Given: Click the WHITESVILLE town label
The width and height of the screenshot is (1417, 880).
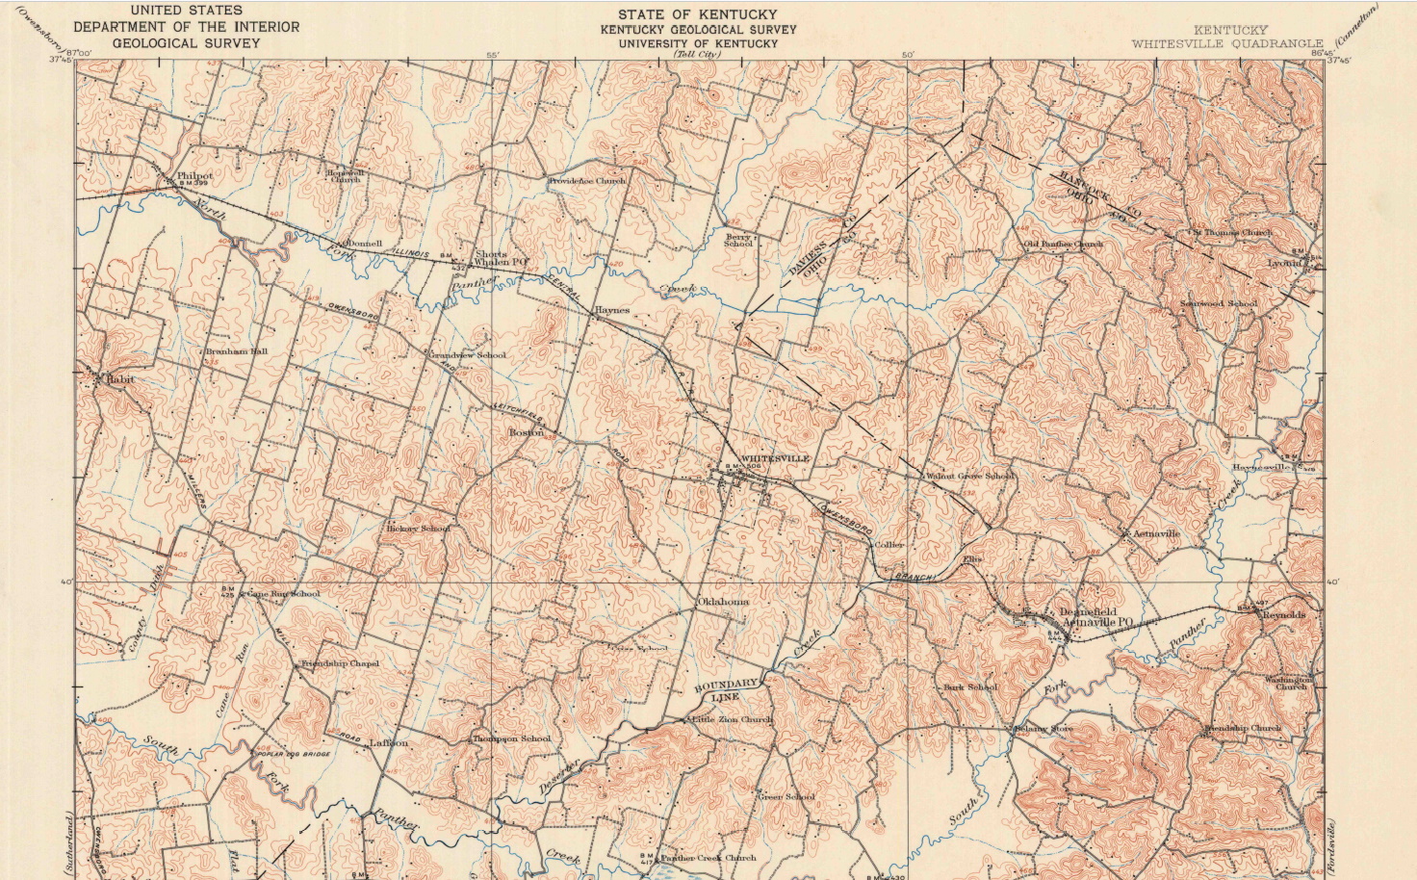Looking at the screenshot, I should [775, 458].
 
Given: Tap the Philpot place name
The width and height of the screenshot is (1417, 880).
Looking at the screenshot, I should [194, 176].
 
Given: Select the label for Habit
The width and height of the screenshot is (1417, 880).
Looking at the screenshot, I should [120, 379].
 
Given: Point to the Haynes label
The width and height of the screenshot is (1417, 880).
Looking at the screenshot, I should [612, 310].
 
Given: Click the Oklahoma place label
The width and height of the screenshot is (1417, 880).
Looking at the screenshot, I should [722, 602].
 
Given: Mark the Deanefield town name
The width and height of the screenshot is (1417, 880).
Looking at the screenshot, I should [1088, 611].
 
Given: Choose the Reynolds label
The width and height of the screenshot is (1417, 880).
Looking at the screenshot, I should [1284, 614].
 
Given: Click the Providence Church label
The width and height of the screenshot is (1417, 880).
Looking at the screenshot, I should [587, 181].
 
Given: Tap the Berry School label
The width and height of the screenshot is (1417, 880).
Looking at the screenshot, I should [738, 240].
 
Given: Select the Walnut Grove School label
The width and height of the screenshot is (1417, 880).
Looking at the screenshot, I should [969, 476].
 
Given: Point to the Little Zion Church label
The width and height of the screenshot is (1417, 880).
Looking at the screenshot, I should [733, 719].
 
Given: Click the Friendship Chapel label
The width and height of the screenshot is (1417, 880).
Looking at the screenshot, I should [341, 663].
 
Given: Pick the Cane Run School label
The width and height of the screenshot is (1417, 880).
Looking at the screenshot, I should [284, 594].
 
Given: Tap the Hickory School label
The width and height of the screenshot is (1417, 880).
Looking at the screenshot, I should [418, 529].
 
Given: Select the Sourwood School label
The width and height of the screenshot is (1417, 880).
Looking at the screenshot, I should [1219, 304].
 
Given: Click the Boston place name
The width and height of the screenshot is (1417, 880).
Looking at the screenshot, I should [527, 433].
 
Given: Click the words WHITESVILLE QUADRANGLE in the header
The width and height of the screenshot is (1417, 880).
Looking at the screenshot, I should [1227, 43].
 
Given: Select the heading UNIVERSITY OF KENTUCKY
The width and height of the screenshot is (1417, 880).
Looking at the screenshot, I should [698, 43].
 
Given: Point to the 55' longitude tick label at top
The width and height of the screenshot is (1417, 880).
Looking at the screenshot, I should [493, 56].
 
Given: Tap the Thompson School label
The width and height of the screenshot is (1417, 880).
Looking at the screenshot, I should [511, 738].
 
